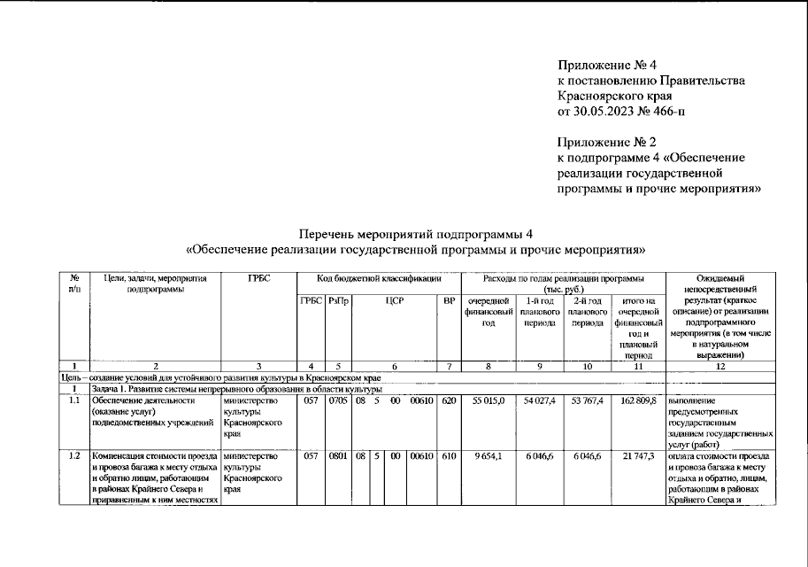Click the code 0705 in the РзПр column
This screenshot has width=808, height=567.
339,401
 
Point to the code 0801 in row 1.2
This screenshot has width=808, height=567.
339,456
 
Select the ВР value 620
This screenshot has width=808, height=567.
449,401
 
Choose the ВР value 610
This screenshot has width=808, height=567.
449,456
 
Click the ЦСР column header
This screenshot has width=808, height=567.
395,301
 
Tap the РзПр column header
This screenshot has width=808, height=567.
339,301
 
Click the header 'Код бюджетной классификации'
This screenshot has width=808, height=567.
379,279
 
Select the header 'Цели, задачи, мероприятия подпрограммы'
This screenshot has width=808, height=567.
155,284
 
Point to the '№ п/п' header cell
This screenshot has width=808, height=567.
74,284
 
